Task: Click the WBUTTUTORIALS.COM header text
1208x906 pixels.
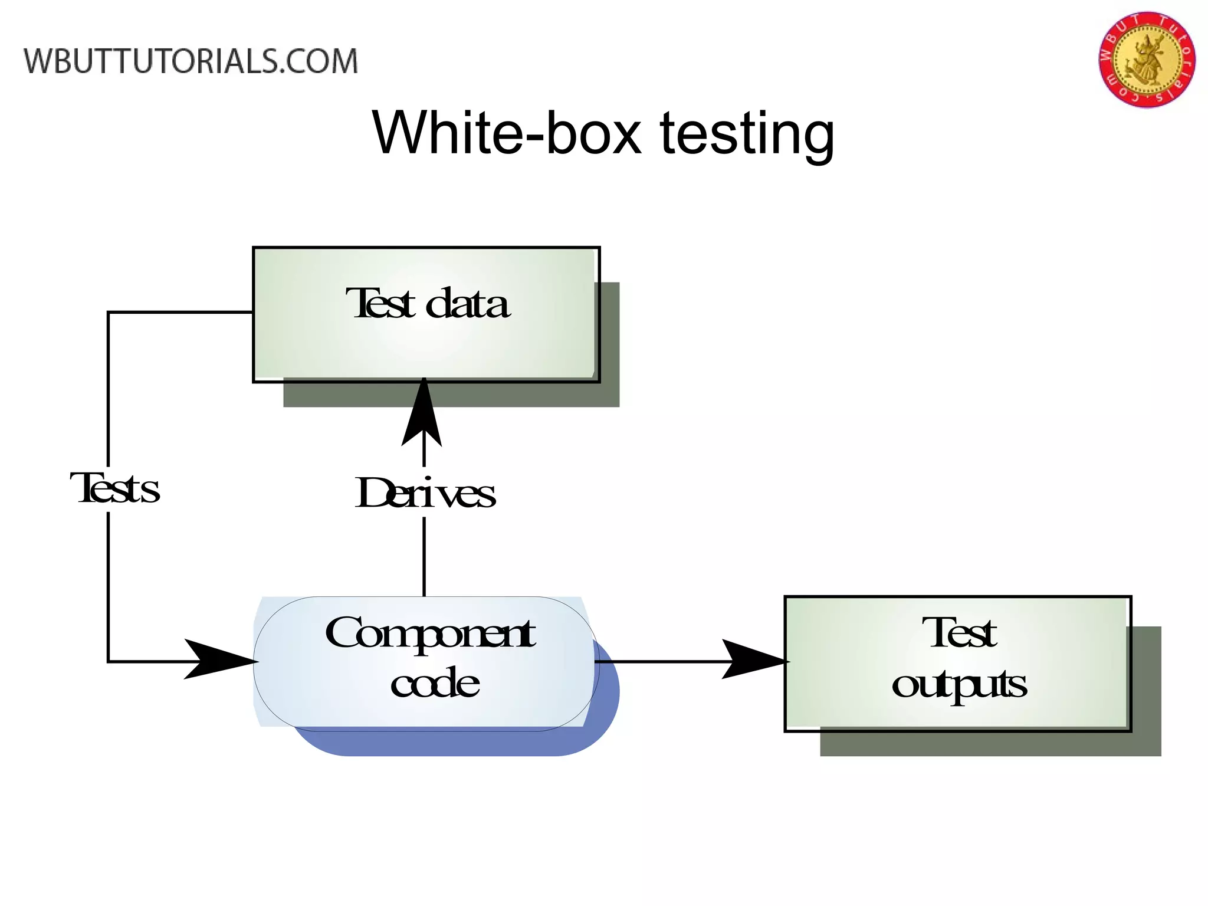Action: click(191, 61)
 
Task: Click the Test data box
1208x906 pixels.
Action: click(426, 342)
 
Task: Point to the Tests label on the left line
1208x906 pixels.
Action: click(116, 489)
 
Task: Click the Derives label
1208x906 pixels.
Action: click(425, 493)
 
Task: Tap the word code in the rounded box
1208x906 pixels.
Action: click(435, 684)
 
